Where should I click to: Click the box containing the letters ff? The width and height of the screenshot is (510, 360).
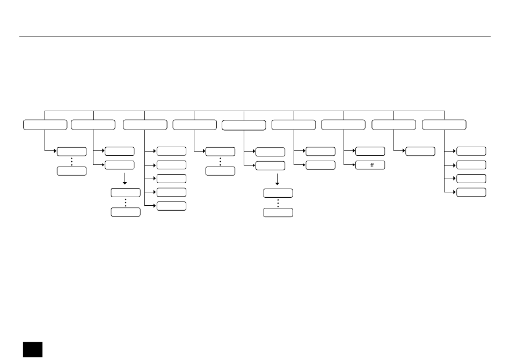click(x=370, y=165)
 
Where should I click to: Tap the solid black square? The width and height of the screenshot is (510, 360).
click(x=33, y=349)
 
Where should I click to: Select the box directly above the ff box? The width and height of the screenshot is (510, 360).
click(x=370, y=151)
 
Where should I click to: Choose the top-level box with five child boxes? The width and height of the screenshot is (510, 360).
click(x=145, y=125)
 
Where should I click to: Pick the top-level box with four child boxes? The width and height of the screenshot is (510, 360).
click(x=444, y=125)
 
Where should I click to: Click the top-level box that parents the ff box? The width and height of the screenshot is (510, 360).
click(x=343, y=125)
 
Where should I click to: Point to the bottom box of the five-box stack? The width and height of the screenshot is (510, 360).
click(x=171, y=206)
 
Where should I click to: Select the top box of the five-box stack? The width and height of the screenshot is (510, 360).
click(x=171, y=151)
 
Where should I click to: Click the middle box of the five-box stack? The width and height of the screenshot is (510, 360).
click(x=171, y=178)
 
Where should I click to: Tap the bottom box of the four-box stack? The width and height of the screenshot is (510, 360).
click(x=471, y=192)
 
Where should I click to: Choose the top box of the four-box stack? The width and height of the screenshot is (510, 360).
click(x=471, y=151)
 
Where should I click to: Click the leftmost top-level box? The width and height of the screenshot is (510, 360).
click(x=45, y=125)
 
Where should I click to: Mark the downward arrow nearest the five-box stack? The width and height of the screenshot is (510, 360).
click(x=125, y=179)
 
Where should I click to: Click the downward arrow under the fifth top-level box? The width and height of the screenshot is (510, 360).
click(x=277, y=179)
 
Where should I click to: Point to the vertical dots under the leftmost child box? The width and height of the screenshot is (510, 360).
click(x=71, y=162)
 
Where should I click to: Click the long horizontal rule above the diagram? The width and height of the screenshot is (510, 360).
click(x=255, y=37)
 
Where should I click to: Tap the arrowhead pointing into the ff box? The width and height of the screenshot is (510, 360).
click(x=354, y=165)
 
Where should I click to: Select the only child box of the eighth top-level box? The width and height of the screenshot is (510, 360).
click(x=420, y=151)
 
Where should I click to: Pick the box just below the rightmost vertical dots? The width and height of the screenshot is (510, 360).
click(x=278, y=213)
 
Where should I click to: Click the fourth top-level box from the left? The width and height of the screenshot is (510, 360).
click(x=194, y=125)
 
